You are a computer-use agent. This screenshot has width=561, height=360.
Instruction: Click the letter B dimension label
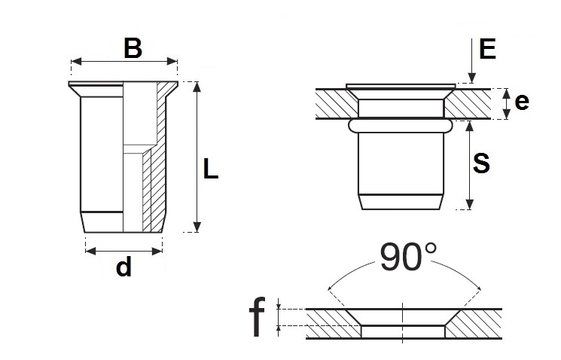[133, 48]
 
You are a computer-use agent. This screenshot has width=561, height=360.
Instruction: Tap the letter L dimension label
[210, 169]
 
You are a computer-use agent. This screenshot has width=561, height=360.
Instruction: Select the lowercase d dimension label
[123, 267]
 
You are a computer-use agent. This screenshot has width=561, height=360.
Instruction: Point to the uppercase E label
[487, 49]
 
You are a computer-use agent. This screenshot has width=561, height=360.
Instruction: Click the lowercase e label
[522, 102]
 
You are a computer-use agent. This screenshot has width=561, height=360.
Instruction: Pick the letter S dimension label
[481, 163]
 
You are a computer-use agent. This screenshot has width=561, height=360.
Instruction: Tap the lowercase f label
[257, 317]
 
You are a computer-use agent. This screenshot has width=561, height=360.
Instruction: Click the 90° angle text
[408, 257]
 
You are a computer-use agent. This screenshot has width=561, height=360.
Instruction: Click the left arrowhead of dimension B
[76, 62]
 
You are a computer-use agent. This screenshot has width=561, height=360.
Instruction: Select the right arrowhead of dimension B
[172, 62]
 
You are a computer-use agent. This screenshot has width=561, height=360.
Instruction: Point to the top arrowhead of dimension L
[197, 87]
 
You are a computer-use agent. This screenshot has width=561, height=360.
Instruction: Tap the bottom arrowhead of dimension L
[197, 227]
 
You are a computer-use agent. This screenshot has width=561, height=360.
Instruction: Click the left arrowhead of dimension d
[91, 252]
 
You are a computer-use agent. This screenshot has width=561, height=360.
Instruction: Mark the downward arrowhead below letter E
[472, 78]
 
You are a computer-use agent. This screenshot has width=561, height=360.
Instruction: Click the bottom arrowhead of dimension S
[470, 204]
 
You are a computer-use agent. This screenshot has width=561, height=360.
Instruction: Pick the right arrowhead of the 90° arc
[477, 286]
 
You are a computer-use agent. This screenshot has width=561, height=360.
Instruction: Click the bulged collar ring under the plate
[401, 126]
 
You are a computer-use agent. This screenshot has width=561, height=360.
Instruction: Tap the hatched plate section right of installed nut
[468, 103]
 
